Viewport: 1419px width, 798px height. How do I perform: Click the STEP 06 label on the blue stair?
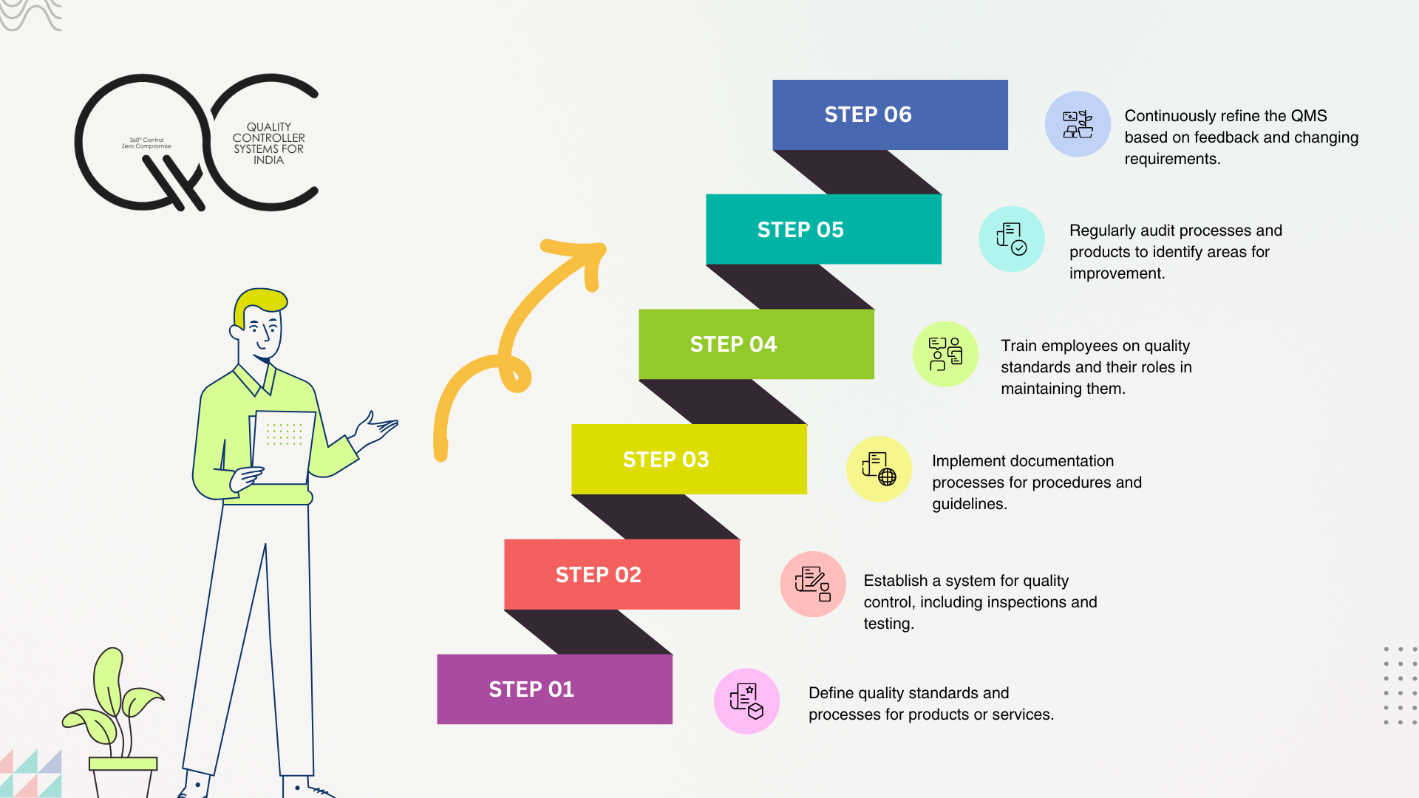click(x=868, y=115)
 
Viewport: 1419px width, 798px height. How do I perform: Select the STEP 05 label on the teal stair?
click(x=800, y=230)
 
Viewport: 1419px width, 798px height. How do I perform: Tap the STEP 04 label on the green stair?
click(x=733, y=344)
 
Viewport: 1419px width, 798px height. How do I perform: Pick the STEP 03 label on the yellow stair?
click(x=666, y=460)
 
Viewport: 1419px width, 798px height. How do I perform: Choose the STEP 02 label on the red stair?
click(x=599, y=575)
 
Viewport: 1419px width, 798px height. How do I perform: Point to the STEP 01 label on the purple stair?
click(x=531, y=689)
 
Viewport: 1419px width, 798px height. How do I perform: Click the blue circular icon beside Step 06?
click(x=1078, y=124)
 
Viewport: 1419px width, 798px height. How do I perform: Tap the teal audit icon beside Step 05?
click(x=1011, y=239)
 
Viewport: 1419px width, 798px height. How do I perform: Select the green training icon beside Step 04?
click(x=945, y=354)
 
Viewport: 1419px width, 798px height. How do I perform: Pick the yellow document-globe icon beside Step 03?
click(x=879, y=469)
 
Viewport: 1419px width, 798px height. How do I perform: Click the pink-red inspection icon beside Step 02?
click(x=813, y=584)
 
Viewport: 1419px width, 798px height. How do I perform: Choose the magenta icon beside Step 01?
click(x=746, y=701)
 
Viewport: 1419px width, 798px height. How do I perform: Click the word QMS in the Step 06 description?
click(x=1308, y=116)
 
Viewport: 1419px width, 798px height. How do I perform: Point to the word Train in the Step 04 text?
click(x=1020, y=346)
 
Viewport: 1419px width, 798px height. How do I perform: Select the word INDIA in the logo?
click(x=268, y=160)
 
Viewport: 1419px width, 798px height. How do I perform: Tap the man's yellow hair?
click(x=260, y=301)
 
